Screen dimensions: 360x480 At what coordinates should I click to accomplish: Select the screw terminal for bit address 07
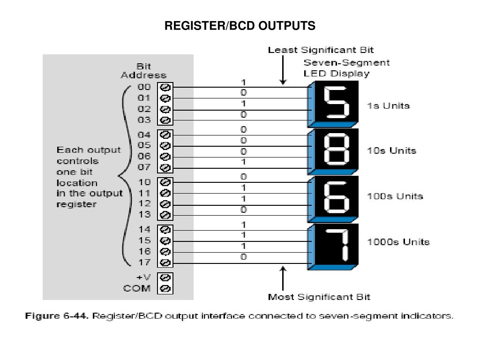(x=165, y=168)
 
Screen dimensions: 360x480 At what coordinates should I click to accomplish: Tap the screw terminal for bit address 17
(x=165, y=262)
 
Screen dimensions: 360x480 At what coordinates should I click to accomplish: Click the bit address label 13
(x=144, y=215)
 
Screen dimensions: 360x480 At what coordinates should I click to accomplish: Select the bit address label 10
(x=144, y=181)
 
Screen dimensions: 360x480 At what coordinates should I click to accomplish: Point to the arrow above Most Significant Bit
(x=283, y=278)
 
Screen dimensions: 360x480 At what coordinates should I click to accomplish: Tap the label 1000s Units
(x=398, y=242)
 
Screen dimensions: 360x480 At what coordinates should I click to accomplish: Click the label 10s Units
(x=391, y=150)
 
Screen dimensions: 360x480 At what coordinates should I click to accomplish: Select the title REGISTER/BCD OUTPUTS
(x=240, y=26)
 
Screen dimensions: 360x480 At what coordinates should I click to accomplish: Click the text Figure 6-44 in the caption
(x=56, y=316)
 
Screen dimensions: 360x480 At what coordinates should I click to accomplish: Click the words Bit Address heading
(x=143, y=71)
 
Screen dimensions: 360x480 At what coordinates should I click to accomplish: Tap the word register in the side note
(x=76, y=204)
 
